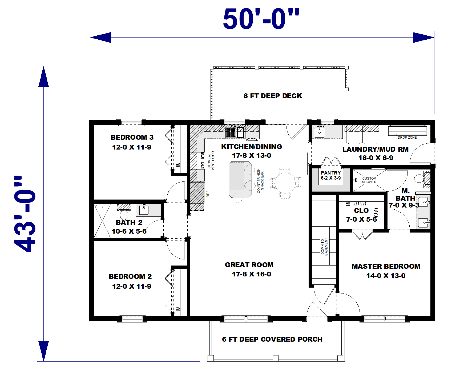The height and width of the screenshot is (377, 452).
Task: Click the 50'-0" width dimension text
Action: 261,19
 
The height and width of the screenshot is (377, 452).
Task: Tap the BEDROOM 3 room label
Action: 132,137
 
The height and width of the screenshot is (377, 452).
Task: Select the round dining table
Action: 285,183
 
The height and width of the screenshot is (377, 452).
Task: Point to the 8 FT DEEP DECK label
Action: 273,96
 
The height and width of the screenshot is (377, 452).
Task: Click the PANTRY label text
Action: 331,173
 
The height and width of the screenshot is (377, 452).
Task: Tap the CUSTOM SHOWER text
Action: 369,180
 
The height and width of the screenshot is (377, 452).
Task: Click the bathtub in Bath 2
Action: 102,221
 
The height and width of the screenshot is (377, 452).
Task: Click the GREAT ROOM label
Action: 249,265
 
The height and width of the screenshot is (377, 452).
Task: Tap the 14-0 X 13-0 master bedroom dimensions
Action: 386,276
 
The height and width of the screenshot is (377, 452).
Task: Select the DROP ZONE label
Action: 407,137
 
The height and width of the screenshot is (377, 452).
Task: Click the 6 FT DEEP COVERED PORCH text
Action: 272,339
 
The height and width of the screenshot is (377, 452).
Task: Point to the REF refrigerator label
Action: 208,194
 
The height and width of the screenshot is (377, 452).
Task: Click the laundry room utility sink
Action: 319,132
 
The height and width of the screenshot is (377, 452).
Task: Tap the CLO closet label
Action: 361,210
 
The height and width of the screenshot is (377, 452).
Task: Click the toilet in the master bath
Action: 419,178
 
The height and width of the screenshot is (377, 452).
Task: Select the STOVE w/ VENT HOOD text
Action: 211,161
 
